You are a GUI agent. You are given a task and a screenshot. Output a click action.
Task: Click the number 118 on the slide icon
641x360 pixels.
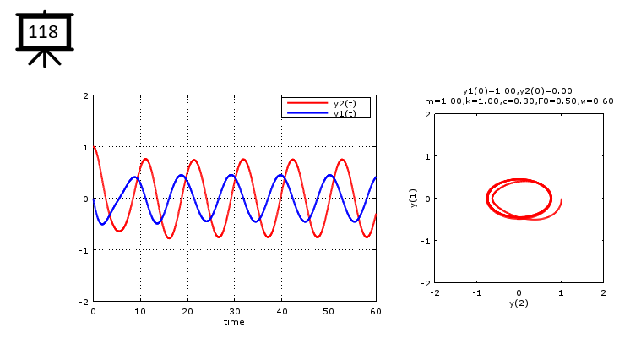click(43, 33)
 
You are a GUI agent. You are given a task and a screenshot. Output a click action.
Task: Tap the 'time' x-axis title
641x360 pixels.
click(234, 321)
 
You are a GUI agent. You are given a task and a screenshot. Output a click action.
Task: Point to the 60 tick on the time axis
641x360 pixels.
click(376, 311)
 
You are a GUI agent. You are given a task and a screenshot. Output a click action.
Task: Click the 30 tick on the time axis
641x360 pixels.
click(234, 311)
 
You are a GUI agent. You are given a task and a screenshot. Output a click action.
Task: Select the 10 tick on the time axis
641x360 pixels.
click(140, 311)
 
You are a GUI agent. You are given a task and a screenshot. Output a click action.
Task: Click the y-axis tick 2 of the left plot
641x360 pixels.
click(85, 96)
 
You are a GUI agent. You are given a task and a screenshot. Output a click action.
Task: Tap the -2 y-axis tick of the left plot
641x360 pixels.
click(84, 302)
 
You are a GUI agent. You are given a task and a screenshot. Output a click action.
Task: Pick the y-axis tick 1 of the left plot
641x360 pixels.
click(85, 147)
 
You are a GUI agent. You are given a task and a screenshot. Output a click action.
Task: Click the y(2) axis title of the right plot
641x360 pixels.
click(519, 303)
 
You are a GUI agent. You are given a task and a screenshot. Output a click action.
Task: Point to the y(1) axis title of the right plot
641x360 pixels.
click(414, 198)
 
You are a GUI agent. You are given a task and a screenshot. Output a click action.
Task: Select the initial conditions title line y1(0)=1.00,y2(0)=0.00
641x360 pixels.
click(518, 90)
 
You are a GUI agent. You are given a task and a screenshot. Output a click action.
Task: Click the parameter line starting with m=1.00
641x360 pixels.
click(519, 101)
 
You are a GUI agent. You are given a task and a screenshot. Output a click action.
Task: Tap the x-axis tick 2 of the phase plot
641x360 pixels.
click(602, 292)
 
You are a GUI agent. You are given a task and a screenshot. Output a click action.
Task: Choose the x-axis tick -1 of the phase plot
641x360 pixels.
click(475, 292)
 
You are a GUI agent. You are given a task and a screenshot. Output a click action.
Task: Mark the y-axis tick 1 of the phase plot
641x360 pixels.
click(427, 156)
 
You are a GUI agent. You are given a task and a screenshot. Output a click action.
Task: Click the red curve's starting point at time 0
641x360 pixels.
click(94, 147)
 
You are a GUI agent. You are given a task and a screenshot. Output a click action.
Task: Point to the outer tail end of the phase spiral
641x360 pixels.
click(561, 199)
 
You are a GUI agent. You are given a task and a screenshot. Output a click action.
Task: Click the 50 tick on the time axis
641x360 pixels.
click(329, 311)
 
